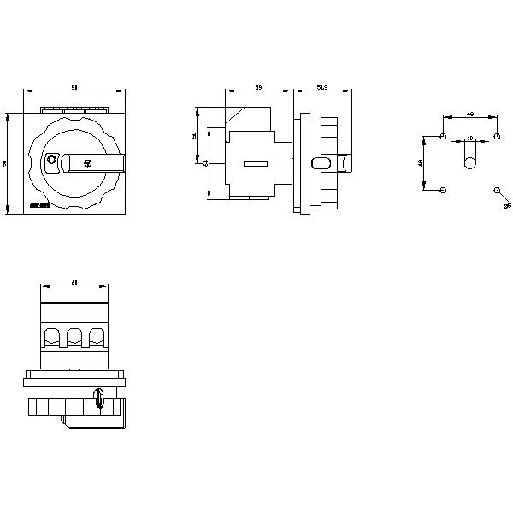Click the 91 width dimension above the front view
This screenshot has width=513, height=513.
pos(75,87)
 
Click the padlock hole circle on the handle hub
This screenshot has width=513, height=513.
pos(51,161)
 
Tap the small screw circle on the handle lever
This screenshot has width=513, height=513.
pos(86,162)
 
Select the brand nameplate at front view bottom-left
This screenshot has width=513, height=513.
pos(39,206)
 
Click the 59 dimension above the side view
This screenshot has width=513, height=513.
pos(258,87)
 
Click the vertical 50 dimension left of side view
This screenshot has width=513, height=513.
pos(194,135)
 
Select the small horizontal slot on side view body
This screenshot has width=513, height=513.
pos(256,163)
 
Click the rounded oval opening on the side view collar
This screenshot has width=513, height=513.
pos(321,162)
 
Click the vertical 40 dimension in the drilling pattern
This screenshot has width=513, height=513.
pos(420,162)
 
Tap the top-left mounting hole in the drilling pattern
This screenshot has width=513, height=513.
pos(442,137)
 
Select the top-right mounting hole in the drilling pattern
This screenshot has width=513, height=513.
pos(497,137)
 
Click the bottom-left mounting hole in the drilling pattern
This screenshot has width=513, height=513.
pos(442,190)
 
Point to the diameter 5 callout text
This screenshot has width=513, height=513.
pos(506,206)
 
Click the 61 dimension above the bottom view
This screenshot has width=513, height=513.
pos(75,282)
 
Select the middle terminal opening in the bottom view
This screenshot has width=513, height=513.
pos(75,335)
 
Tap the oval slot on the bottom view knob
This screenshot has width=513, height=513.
pos(100,398)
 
